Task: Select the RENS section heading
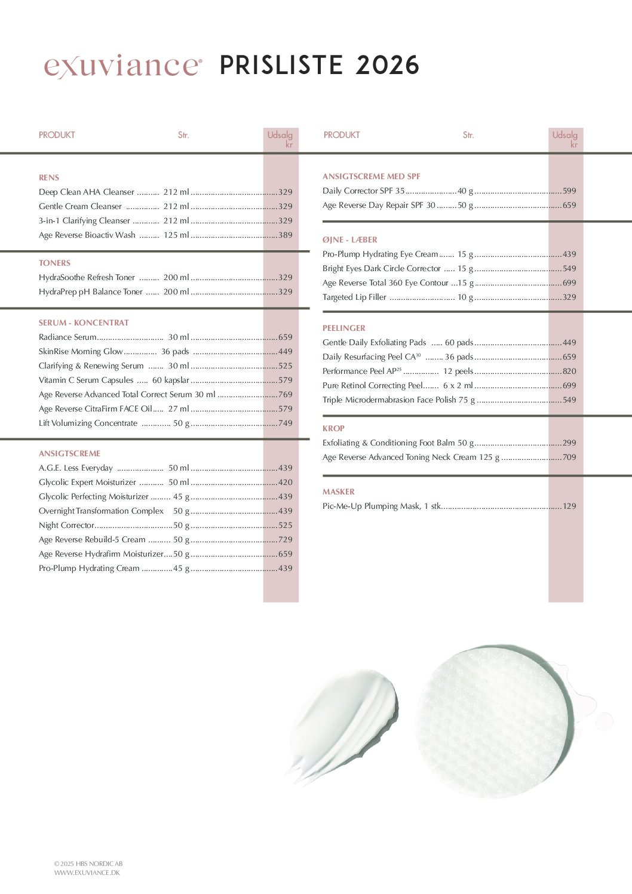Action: tap(49, 177)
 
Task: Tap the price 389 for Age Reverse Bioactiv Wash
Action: tap(285, 235)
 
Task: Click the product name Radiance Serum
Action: tap(68, 337)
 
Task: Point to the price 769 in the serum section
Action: tap(285, 394)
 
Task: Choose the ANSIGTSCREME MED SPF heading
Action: tap(371, 176)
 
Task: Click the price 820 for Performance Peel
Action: tap(569, 371)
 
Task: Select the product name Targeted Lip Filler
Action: tap(354, 297)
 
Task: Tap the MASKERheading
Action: tap(339, 491)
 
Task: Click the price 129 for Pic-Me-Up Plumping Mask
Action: tap(569, 506)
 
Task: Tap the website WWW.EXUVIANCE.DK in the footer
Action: tap(87, 873)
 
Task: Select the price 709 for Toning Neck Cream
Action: tap(569, 457)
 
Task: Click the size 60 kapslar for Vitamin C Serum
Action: tap(170, 380)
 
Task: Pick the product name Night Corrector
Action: tap(66, 525)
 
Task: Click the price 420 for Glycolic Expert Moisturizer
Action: tap(285, 482)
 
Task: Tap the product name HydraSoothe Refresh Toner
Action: tap(87, 277)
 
